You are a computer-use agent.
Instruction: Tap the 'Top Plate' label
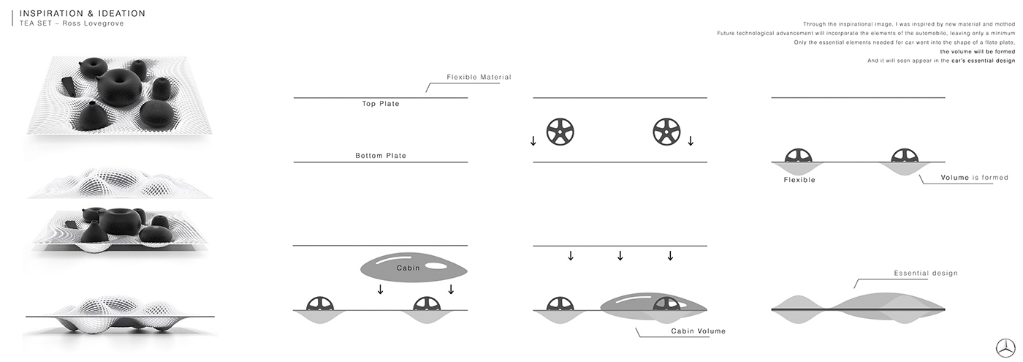click(381, 104)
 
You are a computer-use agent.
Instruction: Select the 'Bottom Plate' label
click(381, 156)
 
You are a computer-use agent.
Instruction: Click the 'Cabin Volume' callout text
click(698, 331)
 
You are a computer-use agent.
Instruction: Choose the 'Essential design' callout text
click(926, 274)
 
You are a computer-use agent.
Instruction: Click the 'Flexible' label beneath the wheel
click(799, 179)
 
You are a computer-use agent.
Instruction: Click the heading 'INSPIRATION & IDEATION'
click(83, 13)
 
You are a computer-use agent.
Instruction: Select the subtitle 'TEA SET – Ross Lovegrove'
click(72, 23)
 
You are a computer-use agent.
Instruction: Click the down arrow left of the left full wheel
click(533, 140)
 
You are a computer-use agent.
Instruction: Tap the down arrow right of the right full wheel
click(691, 140)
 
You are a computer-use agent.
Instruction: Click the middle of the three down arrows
click(620, 256)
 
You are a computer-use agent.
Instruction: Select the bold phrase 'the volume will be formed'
click(978, 52)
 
